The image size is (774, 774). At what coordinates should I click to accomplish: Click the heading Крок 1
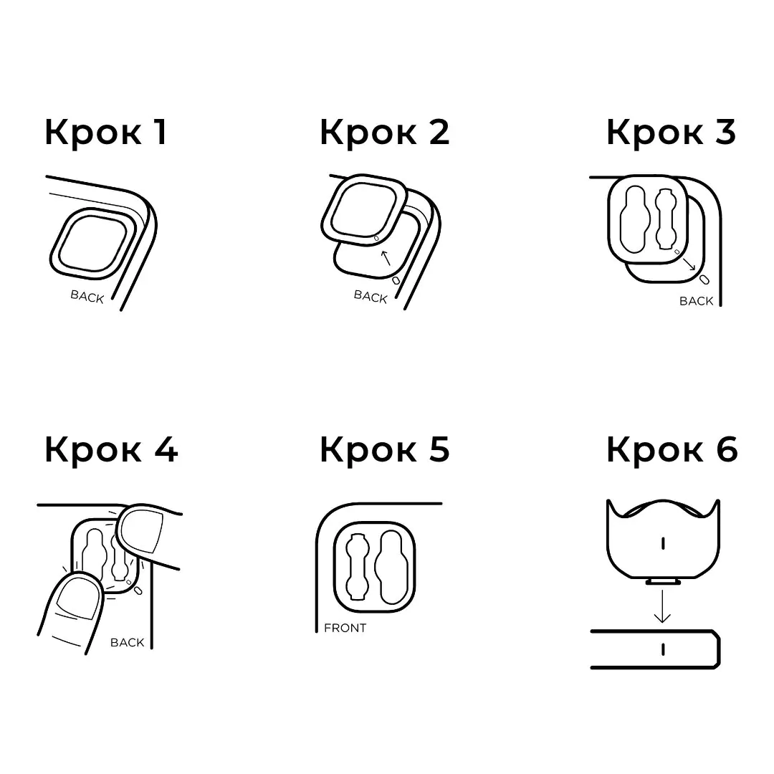106,133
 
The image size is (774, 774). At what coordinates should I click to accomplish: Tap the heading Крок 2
385,133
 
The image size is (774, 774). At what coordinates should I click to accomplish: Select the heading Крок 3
672,133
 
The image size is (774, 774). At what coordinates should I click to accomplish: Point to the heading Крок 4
111,449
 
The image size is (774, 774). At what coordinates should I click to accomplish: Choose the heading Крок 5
385,449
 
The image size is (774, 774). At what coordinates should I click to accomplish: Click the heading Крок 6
672,449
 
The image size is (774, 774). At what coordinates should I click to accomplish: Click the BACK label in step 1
87,296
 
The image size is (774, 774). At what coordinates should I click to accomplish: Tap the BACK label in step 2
371,296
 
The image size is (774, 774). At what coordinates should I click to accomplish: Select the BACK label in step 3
696,301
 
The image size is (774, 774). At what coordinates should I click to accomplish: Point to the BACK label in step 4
128,642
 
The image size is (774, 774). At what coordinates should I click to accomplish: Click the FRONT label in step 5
345,628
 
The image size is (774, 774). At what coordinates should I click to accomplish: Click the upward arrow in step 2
386,258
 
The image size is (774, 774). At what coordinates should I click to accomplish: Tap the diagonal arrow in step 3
689,264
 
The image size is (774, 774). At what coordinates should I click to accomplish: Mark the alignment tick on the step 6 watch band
663,649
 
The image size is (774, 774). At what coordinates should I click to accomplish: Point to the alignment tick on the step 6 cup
663,543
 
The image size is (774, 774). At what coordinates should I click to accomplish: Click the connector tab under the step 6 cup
663,581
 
